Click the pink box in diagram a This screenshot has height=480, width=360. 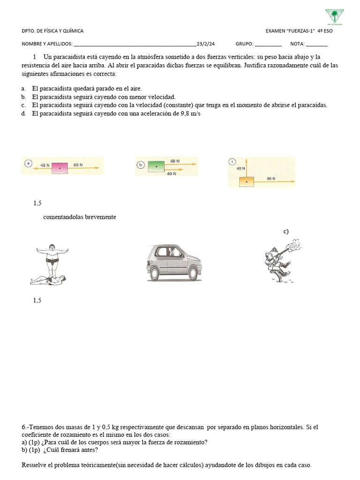coord(59,166)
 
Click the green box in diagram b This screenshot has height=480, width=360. coord(156,166)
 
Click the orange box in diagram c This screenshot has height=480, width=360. coord(247,180)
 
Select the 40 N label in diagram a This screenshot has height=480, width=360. coord(45,165)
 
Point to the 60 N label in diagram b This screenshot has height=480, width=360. coord(175,161)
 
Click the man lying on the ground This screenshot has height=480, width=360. coord(51,280)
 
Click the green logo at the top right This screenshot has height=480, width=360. coord(334,16)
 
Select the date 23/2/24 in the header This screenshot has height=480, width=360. coord(206,44)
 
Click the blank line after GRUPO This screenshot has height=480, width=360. coord(268,45)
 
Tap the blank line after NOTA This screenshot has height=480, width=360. coord(317,45)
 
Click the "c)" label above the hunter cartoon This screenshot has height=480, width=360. coord(286,231)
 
